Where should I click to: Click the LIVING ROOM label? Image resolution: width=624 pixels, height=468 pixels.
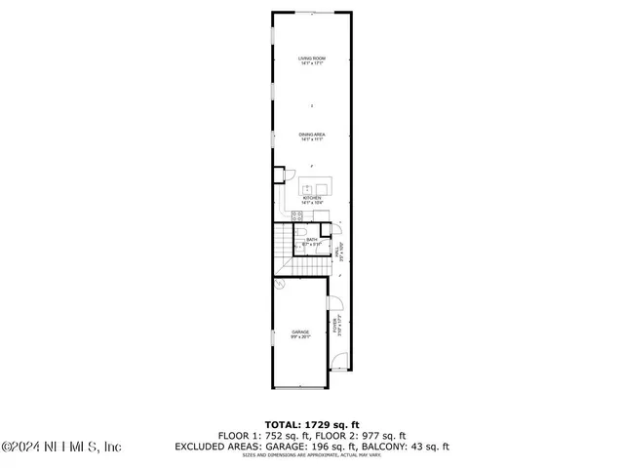coord(312,58)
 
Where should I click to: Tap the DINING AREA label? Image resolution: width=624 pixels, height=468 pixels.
coord(312,135)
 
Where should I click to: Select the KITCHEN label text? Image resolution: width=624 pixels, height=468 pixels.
coord(312,197)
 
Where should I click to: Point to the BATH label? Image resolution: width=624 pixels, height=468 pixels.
coord(312,239)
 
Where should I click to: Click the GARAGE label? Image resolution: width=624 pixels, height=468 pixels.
coord(300,331)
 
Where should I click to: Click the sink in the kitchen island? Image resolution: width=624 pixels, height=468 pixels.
coord(308,185)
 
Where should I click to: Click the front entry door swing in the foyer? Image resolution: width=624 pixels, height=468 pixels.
coord(338,363)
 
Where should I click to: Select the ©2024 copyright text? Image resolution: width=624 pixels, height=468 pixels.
coord(19,448)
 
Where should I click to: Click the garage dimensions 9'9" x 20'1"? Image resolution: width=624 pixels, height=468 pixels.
coord(300,336)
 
